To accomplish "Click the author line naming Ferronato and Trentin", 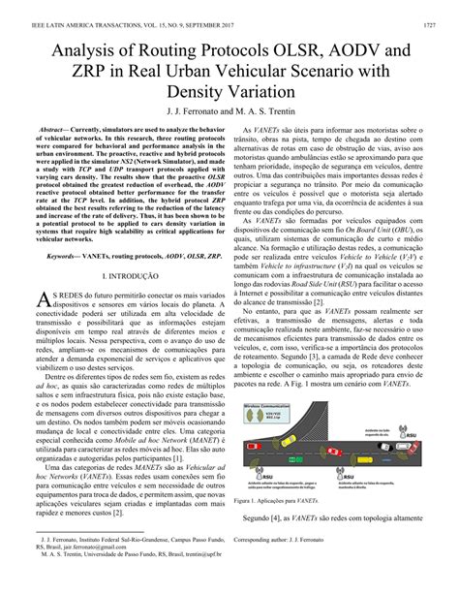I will coord(229,112).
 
